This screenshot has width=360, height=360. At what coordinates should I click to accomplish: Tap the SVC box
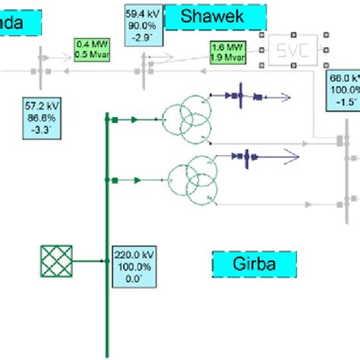pyautogui.click(x=293, y=51)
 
